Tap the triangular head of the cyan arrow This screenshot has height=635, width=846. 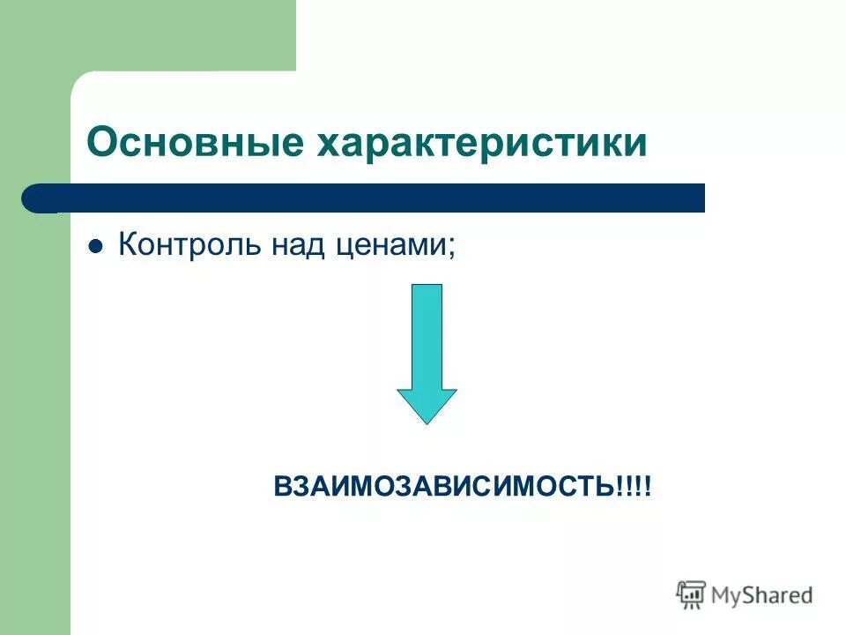coord(427,405)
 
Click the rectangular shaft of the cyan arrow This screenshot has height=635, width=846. coord(427,335)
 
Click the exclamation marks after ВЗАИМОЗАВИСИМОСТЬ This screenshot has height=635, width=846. coord(634,486)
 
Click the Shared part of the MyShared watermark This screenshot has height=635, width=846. coord(779,596)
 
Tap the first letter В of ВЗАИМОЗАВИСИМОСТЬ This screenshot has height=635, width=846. coord(282,486)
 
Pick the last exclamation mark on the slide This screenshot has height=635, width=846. coord(648,486)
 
